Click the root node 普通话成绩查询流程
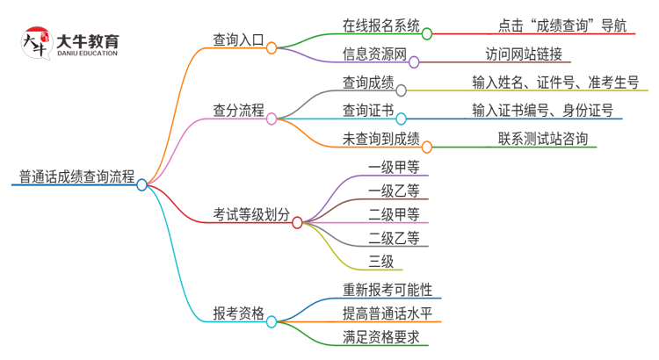point(76,177)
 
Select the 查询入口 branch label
point(238,40)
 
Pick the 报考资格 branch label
point(238,313)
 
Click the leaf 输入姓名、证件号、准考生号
point(555,83)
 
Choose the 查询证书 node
point(368,111)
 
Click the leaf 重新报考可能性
point(387,289)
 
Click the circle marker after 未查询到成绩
point(427,147)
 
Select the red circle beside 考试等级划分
point(297,223)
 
